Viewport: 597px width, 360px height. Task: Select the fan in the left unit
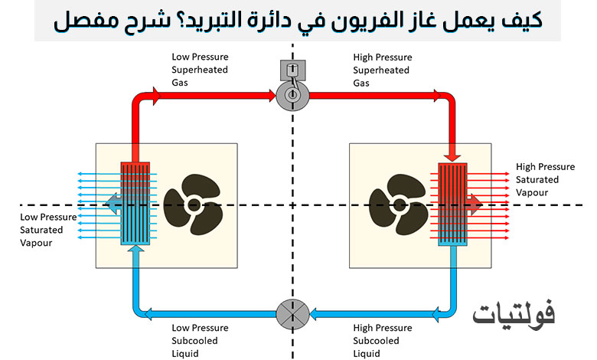click(191, 204)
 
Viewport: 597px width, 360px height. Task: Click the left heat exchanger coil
click(135, 203)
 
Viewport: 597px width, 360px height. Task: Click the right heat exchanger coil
click(453, 203)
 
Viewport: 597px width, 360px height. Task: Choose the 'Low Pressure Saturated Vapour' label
click(48, 229)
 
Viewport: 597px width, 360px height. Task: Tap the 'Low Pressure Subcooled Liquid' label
click(195, 340)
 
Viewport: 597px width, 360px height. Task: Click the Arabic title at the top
click(298, 21)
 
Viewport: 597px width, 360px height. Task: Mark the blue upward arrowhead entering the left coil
click(135, 250)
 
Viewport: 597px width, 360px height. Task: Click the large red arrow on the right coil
click(474, 203)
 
